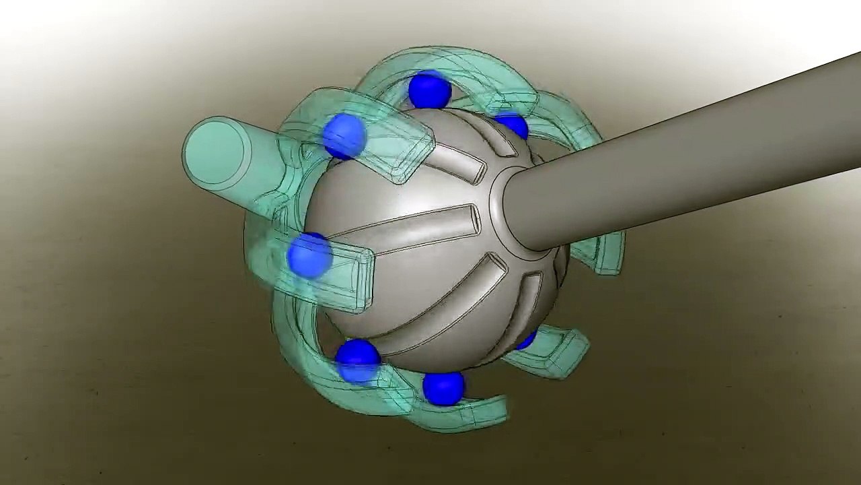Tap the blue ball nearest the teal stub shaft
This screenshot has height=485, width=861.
click(344, 135)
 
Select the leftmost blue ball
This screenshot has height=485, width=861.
click(309, 255)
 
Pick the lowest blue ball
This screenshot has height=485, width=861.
click(443, 388)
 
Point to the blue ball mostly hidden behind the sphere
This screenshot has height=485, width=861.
click(526, 340)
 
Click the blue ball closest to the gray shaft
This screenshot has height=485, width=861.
click(513, 125)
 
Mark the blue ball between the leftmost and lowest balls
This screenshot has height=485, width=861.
click(357, 360)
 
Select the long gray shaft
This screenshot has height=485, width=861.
click(673, 175)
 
